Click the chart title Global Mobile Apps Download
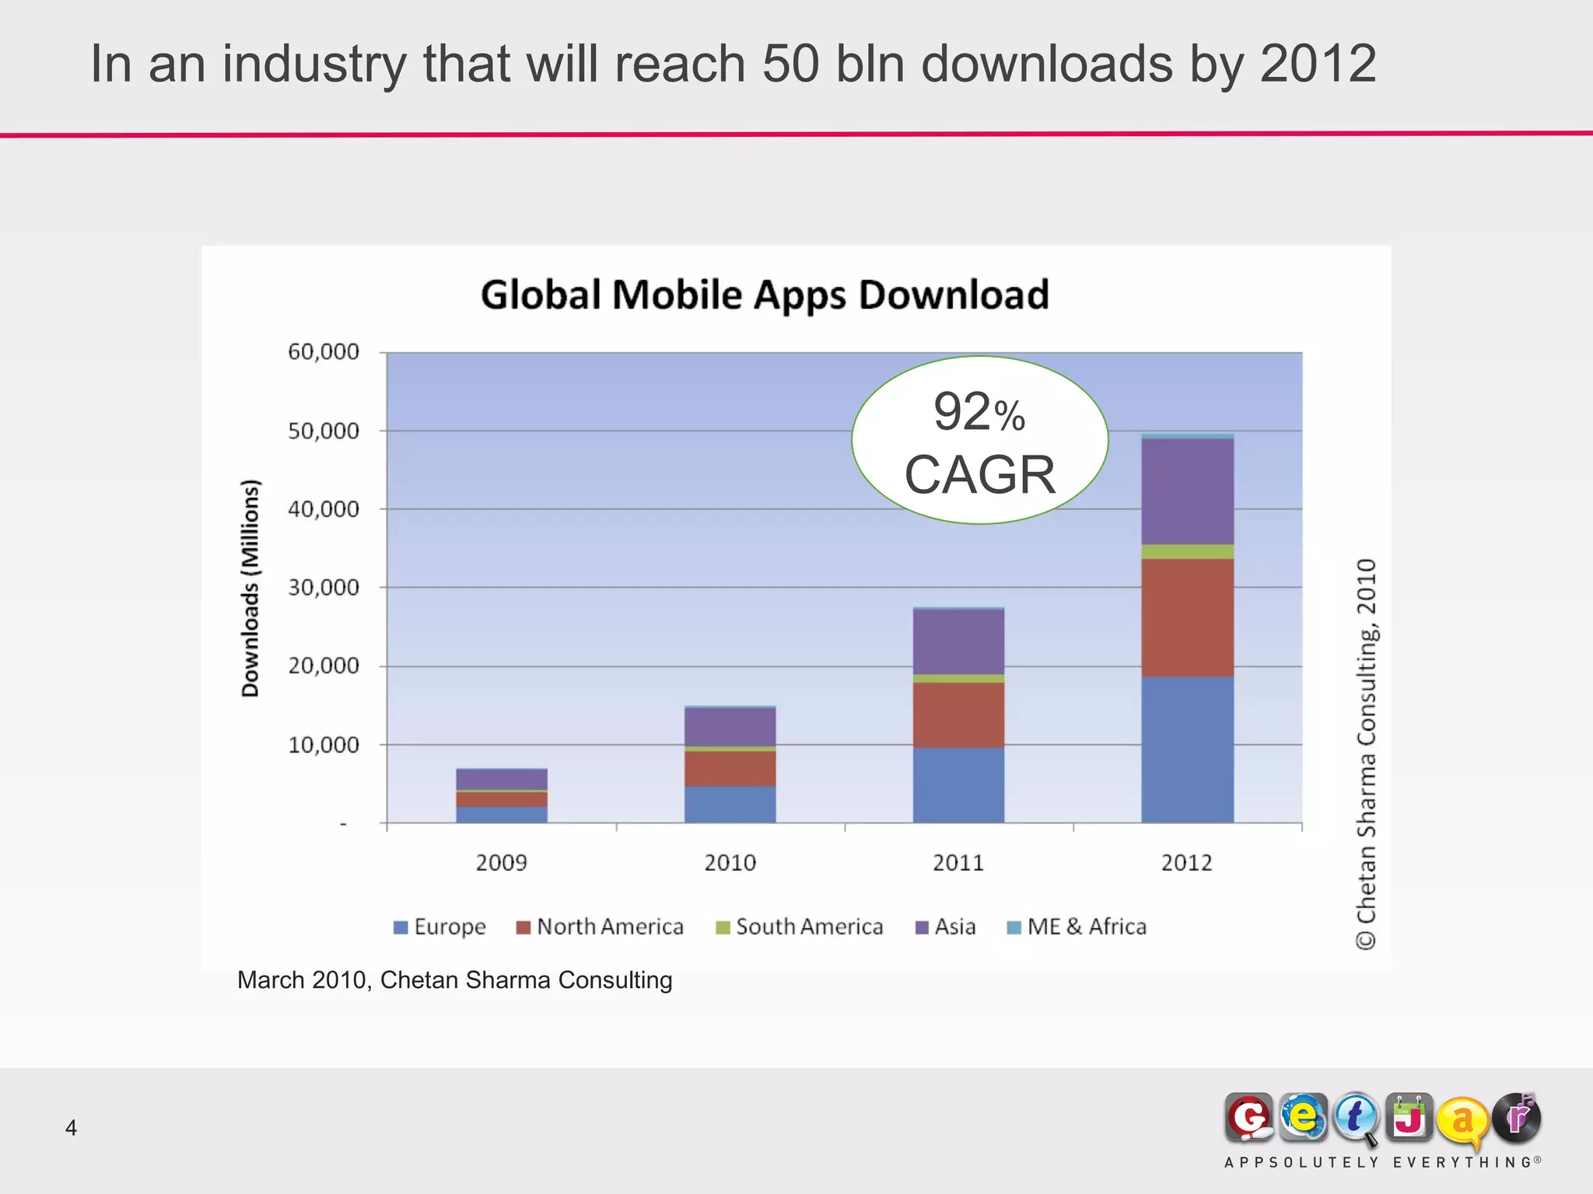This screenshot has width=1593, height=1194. coord(765,295)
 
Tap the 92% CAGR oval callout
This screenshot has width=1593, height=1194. coord(979,441)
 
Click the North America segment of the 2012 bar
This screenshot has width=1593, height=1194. coord(1187,617)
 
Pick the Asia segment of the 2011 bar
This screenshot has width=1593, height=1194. coord(958,641)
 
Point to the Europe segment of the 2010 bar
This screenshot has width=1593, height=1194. coord(730,804)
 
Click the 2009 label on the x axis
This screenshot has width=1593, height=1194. coord(501,863)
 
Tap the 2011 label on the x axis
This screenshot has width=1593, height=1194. coord(958,863)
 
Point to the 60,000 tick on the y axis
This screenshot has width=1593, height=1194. coord(324,352)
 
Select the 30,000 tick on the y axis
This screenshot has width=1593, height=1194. coord(324,588)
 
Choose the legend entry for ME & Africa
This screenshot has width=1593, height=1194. coord(1077,927)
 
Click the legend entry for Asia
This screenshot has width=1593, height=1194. coord(947,927)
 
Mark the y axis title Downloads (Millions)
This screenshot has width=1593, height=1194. coord(250,588)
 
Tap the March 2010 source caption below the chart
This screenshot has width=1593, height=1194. coord(454,980)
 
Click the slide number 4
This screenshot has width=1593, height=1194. coord(71,1128)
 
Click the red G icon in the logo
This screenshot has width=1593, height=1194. coord(1249,1118)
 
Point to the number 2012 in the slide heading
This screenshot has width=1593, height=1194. coord(1318,64)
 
